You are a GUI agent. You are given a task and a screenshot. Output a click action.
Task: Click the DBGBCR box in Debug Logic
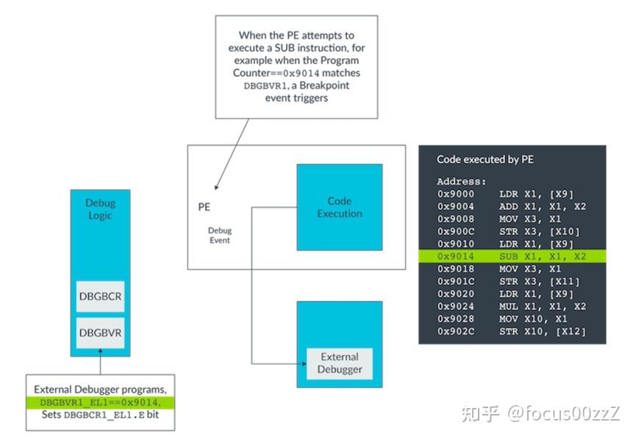coord(100,297)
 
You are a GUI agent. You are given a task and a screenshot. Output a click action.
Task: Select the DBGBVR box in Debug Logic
coord(100,332)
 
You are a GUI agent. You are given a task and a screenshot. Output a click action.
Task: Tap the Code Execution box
coord(339,207)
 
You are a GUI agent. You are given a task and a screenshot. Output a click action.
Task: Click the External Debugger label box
coord(339,363)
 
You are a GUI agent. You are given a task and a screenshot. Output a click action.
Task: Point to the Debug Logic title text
coord(100,209)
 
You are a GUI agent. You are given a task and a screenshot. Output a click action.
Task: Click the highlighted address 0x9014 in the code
coord(456,256)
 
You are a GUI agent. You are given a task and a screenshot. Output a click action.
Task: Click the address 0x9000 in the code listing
coord(456,194)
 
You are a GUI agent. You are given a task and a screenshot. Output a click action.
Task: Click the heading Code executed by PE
coord(485,159)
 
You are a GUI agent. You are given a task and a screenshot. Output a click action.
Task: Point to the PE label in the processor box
coord(204,208)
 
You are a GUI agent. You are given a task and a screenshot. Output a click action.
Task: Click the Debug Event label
coord(219,235)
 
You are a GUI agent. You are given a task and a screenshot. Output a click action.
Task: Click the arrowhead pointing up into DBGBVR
coord(100,360)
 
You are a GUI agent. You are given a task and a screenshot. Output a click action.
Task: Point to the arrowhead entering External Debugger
coord(301,362)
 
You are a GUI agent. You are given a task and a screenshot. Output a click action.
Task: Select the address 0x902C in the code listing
coord(456,331)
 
